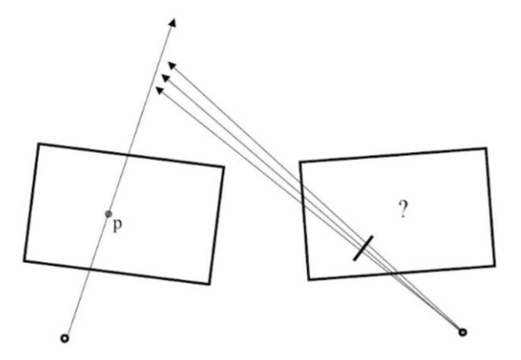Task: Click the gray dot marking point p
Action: pyautogui.click(x=108, y=214)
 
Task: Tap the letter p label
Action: pyautogui.click(x=117, y=225)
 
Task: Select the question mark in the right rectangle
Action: pyautogui.click(x=403, y=210)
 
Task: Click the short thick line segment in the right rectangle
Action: pyautogui.click(x=363, y=248)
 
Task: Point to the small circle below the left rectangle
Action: pyautogui.click(x=64, y=338)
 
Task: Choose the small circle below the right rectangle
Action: pyautogui.click(x=462, y=332)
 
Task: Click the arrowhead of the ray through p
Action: pyautogui.click(x=173, y=23)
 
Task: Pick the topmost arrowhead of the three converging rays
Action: pyautogui.click(x=172, y=65)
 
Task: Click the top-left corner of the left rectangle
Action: pyautogui.click(x=39, y=144)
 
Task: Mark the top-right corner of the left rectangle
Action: pyautogui.click(x=224, y=166)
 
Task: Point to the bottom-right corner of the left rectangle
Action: pyautogui.click(x=210, y=284)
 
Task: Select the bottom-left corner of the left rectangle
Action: pyautogui.click(x=24, y=261)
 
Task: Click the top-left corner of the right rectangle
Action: pyautogui.click(x=300, y=162)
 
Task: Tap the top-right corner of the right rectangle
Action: pyautogui.click(x=485, y=148)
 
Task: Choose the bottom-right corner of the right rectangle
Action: pyautogui.click(x=494, y=266)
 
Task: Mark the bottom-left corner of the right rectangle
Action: pyautogui.click(x=309, y=279)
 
